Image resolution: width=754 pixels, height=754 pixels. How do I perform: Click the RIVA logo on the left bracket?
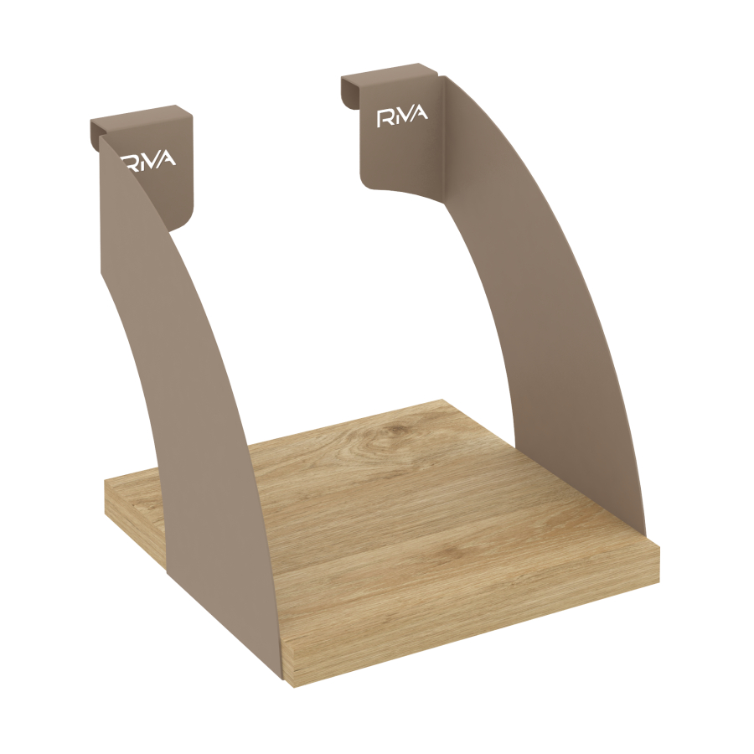tap(148, 160)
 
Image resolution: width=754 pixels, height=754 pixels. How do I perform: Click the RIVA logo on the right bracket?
tap(402, 116)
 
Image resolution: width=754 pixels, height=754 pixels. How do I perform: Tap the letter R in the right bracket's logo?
tap(384, 118)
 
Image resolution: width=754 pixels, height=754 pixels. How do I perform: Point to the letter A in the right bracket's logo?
tap(420, 114)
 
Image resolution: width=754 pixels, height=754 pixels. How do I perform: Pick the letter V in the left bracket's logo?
tap(154, 160)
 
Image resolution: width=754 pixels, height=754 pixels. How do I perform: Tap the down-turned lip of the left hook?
tap(95, 134)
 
